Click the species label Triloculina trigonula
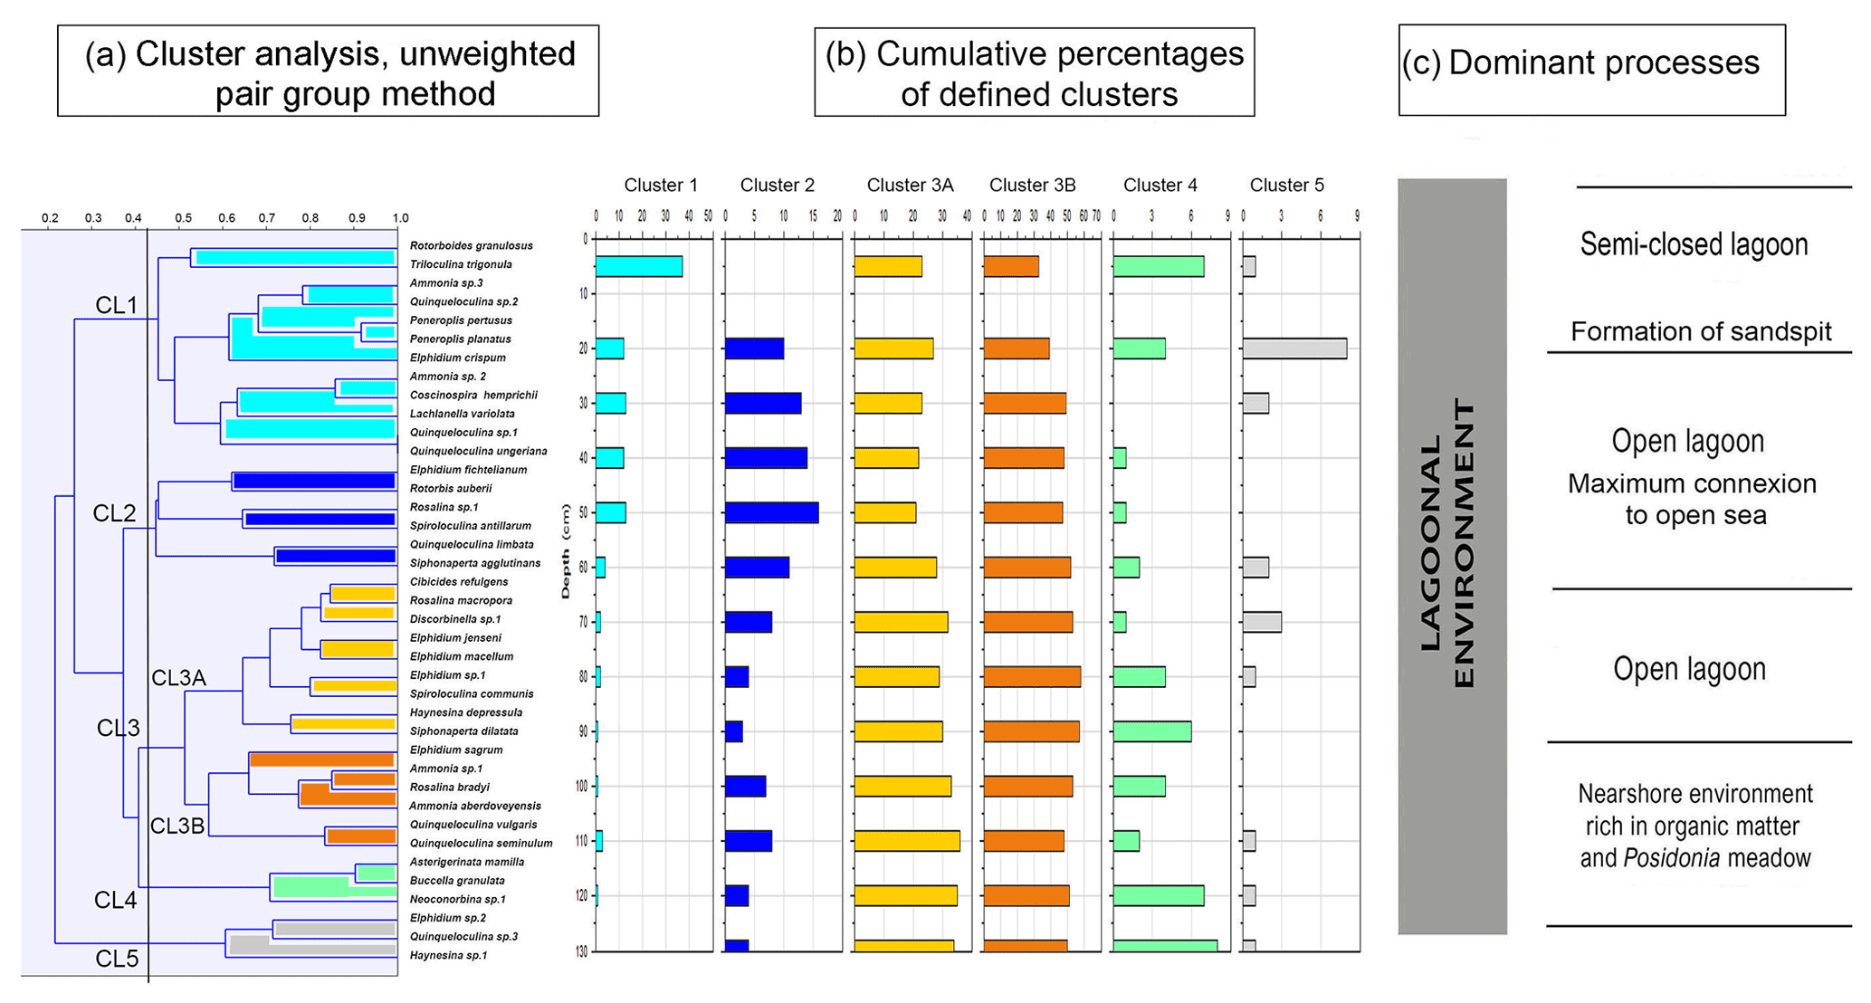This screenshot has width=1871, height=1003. (461, 264)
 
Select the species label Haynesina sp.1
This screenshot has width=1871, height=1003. (448, 955)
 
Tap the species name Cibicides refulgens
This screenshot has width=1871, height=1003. (459, 582)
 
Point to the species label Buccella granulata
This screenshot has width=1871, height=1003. (457, 880)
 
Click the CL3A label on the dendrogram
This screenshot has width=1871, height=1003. (178, 678)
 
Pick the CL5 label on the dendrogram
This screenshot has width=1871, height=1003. (117, 959)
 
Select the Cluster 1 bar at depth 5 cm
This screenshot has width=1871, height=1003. (638, 266)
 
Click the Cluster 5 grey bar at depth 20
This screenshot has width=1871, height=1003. (1294, 349)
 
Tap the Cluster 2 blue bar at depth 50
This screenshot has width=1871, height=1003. (771, 512)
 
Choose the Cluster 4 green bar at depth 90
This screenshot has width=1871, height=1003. (1151, 731)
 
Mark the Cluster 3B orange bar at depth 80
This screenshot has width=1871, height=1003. (1032, 676)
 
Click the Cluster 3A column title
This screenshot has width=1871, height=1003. (910, 186)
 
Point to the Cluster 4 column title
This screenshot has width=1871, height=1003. (1160, 186)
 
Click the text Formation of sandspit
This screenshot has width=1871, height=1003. (1701, 332)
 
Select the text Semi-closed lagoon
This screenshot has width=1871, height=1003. (1694, 244)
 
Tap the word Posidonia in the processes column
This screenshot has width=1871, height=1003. (1671, 858)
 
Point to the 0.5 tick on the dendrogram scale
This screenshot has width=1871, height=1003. (183, 218)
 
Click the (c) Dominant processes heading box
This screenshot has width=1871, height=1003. (1591, 70)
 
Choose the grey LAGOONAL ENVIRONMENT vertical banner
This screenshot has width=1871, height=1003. (1452, 556)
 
